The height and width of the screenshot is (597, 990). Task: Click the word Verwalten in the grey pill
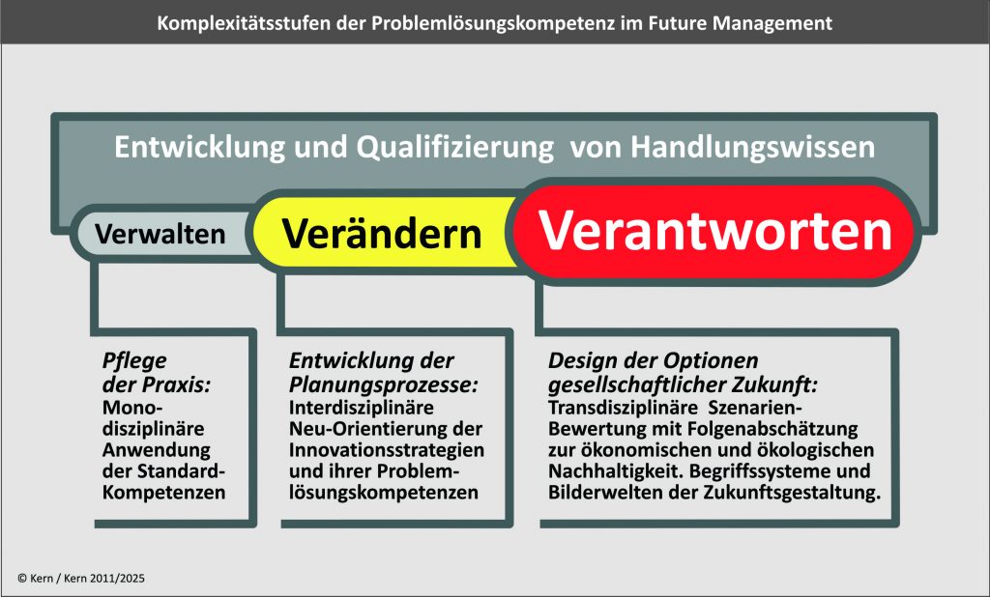[x=160, y=234]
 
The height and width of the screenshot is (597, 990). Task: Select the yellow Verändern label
[x=381, y=234]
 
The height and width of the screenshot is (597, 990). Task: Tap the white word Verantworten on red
[x=714, y=230]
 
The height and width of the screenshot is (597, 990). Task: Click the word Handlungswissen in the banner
[x=752, y=148]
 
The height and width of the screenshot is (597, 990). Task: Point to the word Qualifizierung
[x=454, y=148]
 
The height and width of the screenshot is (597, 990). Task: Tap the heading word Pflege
[x=134, y=361]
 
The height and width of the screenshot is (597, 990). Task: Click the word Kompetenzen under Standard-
[x=163, y=493]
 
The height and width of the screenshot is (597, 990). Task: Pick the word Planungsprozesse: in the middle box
[x=383, y=384]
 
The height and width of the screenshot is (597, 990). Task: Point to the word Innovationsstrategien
[x=387, y=450]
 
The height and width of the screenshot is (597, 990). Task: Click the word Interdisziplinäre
[x=362, y=408]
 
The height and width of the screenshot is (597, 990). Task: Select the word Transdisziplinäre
[x=623, y=408]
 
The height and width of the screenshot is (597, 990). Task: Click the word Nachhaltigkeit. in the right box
[x=616, y=471]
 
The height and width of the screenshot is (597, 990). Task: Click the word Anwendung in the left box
[x=156, y=450]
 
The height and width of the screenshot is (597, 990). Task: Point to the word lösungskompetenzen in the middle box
[x=383, y=493]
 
